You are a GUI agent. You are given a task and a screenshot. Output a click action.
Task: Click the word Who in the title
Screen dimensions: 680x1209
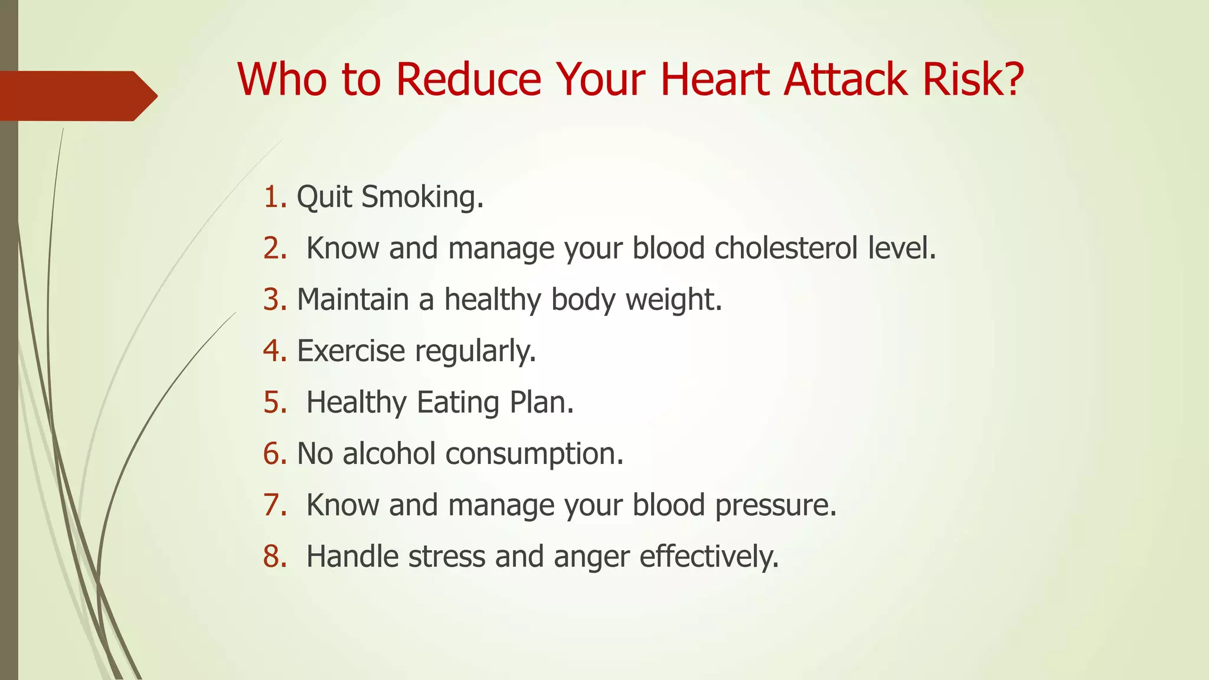click(x=282, y=79)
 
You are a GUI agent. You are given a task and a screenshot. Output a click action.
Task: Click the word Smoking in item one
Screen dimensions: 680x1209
click(x=421, y=197)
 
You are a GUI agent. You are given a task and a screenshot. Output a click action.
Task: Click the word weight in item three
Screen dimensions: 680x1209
click(x=673, y=299)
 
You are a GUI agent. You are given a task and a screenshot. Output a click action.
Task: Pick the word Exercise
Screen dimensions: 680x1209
click(x=351, y=351)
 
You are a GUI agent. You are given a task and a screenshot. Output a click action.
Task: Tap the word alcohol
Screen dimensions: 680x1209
click(x=389, y=454)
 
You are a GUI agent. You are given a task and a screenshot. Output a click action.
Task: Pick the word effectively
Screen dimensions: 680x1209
click(x=708, y=557)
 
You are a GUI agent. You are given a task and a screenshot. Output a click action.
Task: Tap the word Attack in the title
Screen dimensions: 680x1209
click(x=845, y=79)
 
